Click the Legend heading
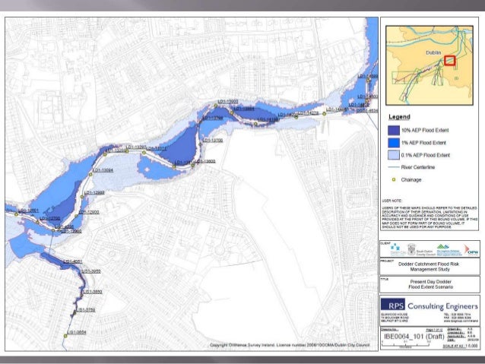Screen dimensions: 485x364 tap(400, 118)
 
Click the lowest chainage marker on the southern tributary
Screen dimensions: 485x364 tap(68, 333)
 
